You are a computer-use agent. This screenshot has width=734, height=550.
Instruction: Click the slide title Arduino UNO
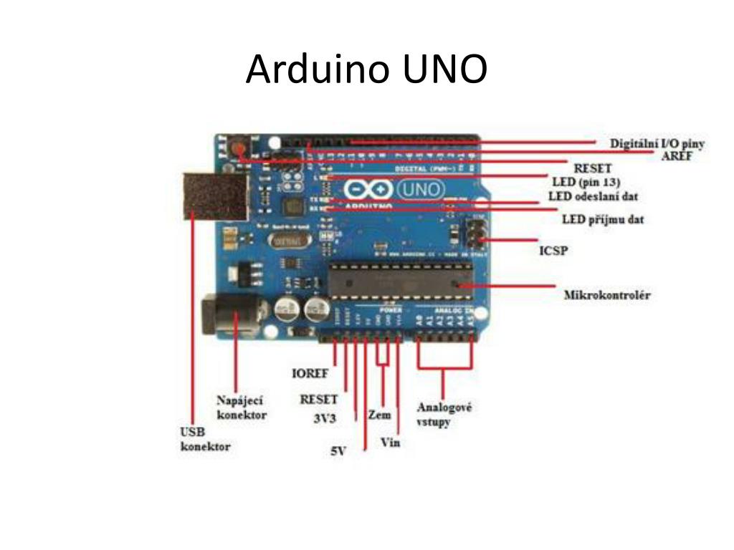tap(366, 69)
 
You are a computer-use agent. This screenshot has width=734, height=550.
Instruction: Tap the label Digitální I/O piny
tap(657, 143)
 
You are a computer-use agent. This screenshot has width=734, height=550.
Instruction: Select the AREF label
tap(676, 157)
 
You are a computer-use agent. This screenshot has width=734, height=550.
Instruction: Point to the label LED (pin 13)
tap(586, 182)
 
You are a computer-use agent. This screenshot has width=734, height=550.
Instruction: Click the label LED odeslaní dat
tap(593, 196)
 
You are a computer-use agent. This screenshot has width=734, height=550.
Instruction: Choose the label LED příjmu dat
tap(603, 219)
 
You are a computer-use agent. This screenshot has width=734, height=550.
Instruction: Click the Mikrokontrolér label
tap(607, 294)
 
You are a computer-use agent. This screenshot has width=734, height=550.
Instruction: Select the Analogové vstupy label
tap(444, 415)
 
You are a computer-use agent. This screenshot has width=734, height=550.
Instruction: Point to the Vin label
tap(390, 443)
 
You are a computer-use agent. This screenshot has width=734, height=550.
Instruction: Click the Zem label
tap(379, 415)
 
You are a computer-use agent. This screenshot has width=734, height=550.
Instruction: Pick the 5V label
tap(338, 452)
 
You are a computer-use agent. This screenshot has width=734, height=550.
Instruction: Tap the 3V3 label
tap(325, 418)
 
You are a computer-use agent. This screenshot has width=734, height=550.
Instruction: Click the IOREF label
tap(310, 373)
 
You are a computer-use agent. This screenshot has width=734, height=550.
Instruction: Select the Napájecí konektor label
tap(242, 408)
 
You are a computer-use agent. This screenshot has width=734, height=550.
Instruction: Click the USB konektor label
tap(204, 439)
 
